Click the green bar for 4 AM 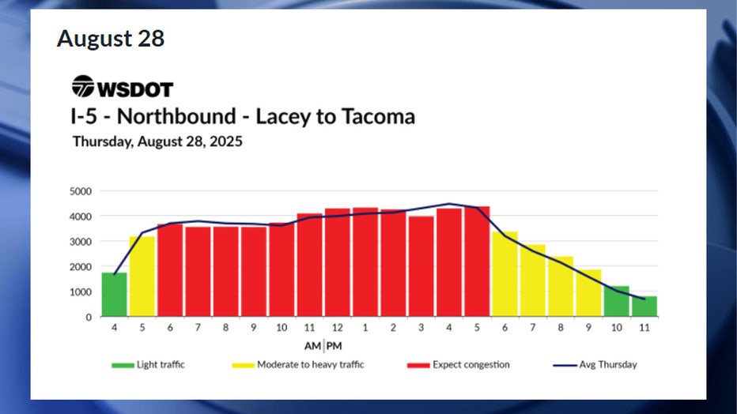(x=114, y=295)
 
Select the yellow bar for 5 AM (x=142, y=277)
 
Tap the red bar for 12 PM (x=338, y=262)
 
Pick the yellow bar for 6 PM (x=505, y=274)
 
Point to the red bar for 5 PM (x=477, y=262)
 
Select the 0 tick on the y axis (x=89, y=318)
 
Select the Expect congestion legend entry (x=462, y=365)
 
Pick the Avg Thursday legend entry (x=597, y=365)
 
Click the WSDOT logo (x=123, y=87)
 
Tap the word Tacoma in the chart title (x=378, y=117)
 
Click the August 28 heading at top (x=111, y=38)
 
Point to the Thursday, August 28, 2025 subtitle (x=157, y=143)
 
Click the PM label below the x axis (x=334, y=346)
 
